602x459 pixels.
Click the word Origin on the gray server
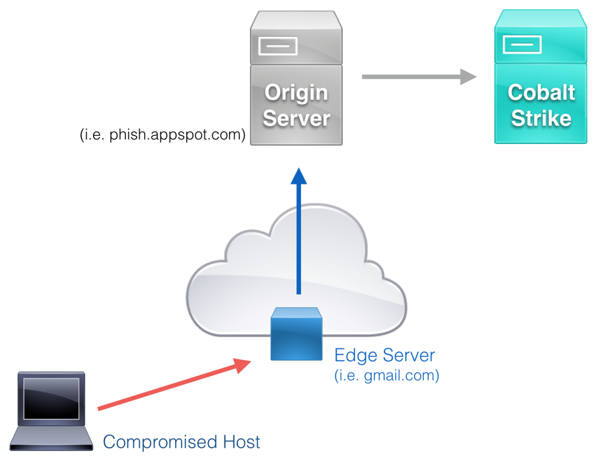(x=296, y=93)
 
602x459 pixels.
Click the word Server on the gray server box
(x=296, y=118)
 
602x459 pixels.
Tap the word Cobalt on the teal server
(x=541, y=93)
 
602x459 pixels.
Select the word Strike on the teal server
(x=541, y=118)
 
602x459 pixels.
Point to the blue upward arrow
(x=299, y=232)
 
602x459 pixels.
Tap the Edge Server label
(x=384, y=356)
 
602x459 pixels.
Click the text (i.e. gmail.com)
(x=386, y=376)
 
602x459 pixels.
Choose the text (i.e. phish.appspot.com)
(x=163, y=135)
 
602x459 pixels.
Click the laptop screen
(x=51, y=398)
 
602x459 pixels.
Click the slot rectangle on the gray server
(x=277, y=46)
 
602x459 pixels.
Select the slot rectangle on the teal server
(x=522, y=45)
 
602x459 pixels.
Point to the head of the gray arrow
(x=468, y=76)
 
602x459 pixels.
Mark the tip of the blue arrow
(x=299, y=170)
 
